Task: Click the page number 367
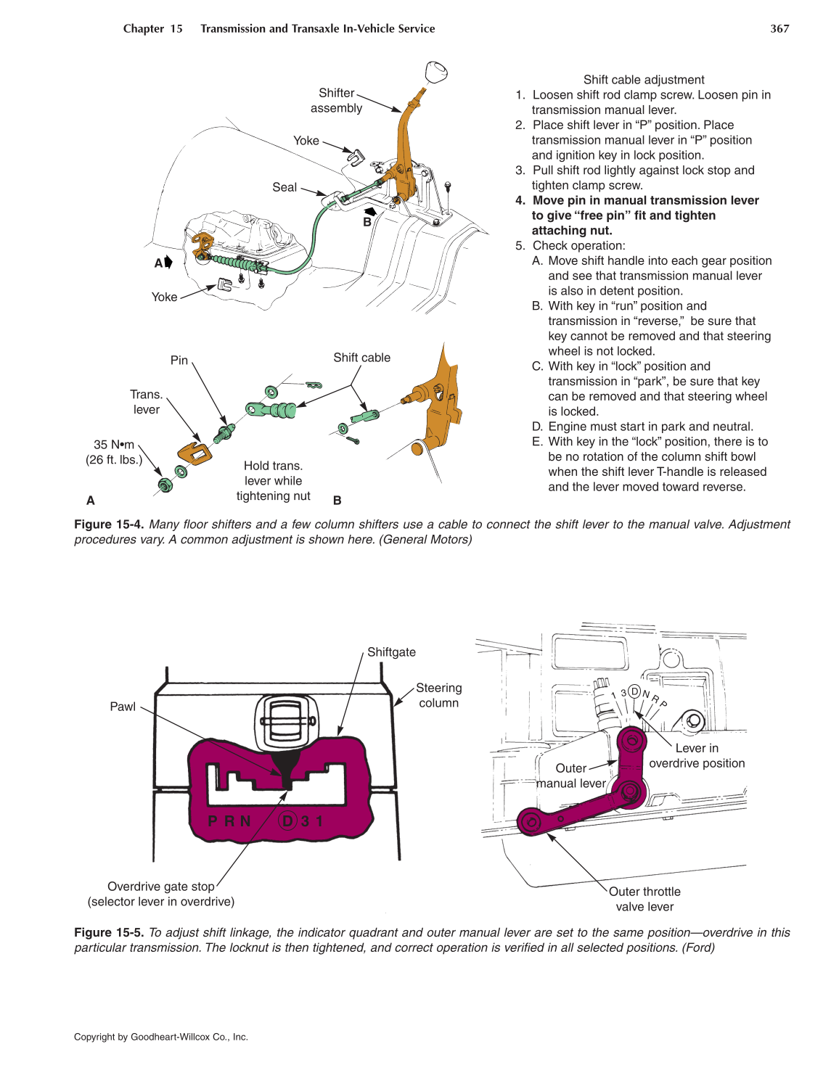point(779,29)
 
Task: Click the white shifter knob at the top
point(435,73)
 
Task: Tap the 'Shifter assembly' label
point(336,101)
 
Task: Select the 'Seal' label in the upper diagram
point(285,187)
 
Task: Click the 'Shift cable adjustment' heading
point(643,80)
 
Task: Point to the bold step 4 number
point(520,201)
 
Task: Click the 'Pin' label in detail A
point(179,361)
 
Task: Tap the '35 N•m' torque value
point(114,445)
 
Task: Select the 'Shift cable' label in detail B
point(361,358)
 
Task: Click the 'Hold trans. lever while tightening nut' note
point(273,481)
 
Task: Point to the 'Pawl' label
point(123,707)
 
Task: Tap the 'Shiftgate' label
point(391,652)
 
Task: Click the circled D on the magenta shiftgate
point(288,821)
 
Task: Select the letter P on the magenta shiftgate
point(213,821)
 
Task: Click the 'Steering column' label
point(438,695)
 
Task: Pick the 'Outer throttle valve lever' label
point(644,900)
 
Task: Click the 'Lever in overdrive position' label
point(697,756)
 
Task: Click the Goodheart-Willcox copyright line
point(161,1037)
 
